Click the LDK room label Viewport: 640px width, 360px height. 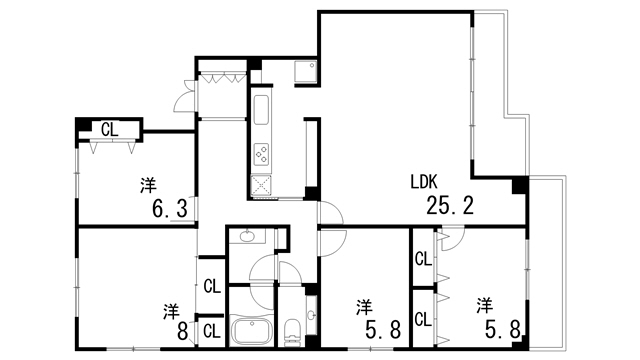pyautogui.click(x=424, y=183)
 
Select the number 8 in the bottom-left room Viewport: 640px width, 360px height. pyautogui.click(x=184, y=330)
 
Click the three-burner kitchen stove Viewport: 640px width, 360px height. pyautogui.click(x=261, y=154)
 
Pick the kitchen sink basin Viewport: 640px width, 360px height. pyautogui.click(x=261, y=109)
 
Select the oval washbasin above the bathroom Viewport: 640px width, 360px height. pyautogui.click(x=246, y=237)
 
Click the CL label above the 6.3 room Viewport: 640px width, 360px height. pyautogui.click(x=108, y=128)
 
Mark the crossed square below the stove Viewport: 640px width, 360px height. pyautogui.click(x=261, y=184)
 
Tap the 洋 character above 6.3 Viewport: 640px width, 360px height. pyautogui.click(x=148, y=184)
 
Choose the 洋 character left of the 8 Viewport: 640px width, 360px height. pyautogui.click(x=170, y=310)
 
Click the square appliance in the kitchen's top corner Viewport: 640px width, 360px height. pyautogui.click(x=305, y=72)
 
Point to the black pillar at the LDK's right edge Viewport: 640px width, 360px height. pyautogui.click(x=518, y=186)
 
